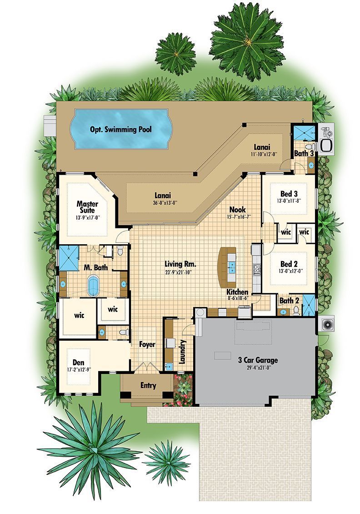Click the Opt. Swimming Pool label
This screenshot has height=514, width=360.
click(x=120, y=129)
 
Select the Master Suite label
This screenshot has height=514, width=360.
click(x=87, y=207)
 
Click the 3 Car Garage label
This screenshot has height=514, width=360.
click(x=258, y=360)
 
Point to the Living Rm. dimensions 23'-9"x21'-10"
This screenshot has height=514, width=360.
click(x=178, y=272)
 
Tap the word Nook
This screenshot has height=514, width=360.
click(x=237, y=209)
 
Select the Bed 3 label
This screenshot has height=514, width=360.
click(x=289, y=194)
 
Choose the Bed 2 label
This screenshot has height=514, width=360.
click(x=289, y=264)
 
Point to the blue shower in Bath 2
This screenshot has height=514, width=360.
click(x=309, y=305)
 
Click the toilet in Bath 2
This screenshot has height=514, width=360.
click(x=296, y=310)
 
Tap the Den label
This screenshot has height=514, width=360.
click(x=78, y=363)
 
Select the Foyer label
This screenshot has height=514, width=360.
click(x=147, y=344)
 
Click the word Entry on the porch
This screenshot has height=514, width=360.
click(x=148, y=386)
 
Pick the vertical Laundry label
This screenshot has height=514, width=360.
click(x=182, y=352)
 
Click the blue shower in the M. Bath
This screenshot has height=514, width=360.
click(x=69, y=258)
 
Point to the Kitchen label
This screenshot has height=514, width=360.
click(x=237, y=292)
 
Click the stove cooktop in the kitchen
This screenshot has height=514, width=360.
click(x=256, y=269)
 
